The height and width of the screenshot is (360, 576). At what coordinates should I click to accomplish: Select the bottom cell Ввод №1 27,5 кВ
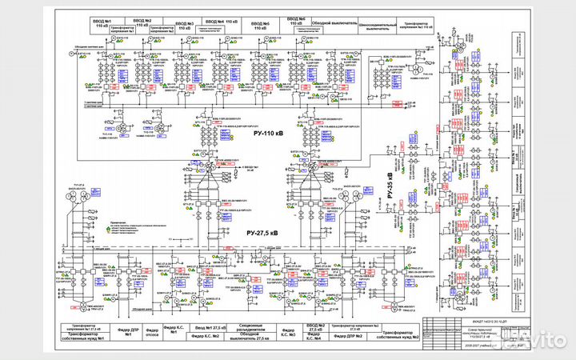[x=210, y=329]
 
